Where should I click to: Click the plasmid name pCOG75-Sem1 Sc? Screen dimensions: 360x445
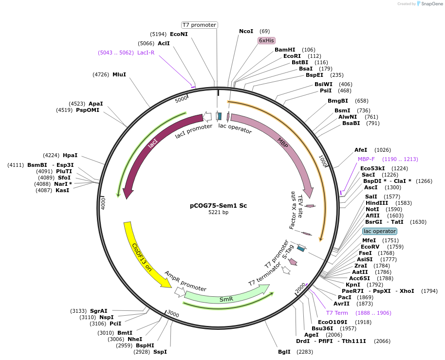click(x=218, y=205)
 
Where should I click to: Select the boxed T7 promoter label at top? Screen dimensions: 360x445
click(x=199, y=25)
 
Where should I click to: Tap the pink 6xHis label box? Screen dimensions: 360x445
click(x=266, y=40)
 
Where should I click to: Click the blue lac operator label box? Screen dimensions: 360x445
click(x=380, y=231)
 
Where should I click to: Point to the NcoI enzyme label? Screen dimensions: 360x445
click(x=246, y=31)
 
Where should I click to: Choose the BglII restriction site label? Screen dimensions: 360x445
click(x=284, y=351)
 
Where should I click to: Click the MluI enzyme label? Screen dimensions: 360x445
click(x=119, y=74)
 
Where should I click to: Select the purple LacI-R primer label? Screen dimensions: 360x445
click(x=146, y=53)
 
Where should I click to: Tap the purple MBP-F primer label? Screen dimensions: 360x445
click(x=366, y=159)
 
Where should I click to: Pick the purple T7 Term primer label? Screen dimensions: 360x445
click(x=337, y=313)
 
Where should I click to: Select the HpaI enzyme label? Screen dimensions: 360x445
click(x=70, y=155)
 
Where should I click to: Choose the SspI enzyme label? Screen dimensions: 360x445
click(x=160, y=351)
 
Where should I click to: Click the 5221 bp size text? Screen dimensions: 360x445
click(x=218, y=213)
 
